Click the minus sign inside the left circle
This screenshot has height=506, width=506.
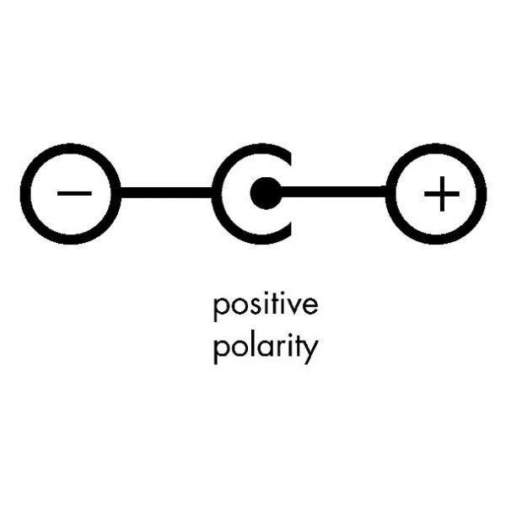[x=74, y=194]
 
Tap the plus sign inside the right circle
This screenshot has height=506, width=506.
[x=442, y=194]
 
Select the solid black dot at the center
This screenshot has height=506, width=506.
[x=266, y=193]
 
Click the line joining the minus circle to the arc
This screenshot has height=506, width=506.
[x=166, y=192]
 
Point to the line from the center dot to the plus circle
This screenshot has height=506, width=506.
[x=334, y=191]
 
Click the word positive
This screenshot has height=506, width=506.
[x=266, y=305]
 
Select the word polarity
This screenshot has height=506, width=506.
[x=266, y=348]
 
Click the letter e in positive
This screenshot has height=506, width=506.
[x=310, y=305]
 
